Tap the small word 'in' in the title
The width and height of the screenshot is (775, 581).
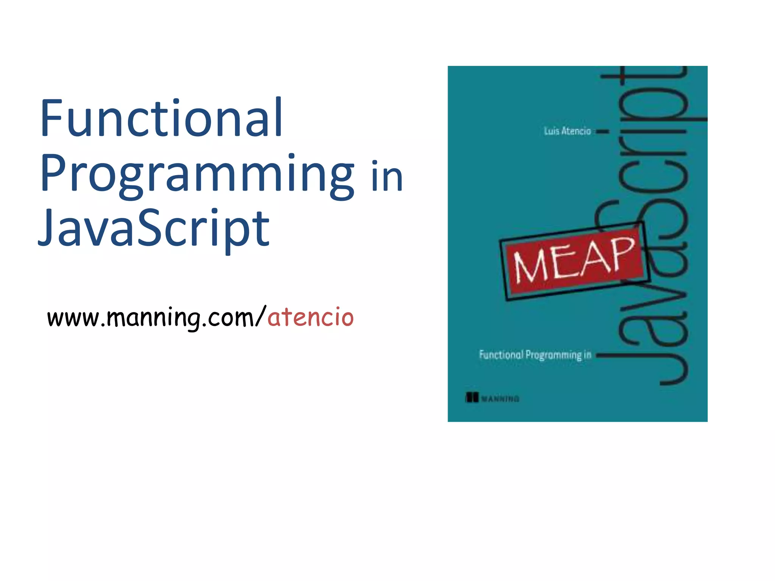click(x=387, y=176)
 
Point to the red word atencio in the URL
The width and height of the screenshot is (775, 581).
click(x=310, y=317)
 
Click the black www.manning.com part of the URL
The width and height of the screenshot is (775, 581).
click(x=151, y=318)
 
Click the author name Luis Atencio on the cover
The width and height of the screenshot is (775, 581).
click(x=567, y=131)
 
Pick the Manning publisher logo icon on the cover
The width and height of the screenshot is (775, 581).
click(x=472, y=398)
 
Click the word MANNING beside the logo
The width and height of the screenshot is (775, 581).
click(x=500, y=399)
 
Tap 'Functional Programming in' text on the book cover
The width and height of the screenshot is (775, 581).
click(x=535, y=355)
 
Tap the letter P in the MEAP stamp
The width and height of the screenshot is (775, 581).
click(x=621, y=252)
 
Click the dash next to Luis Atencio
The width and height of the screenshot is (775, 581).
click(x=603, y=132)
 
